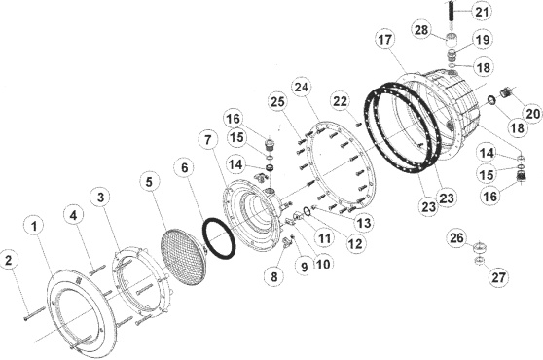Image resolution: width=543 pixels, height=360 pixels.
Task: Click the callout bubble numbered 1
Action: [35, 227]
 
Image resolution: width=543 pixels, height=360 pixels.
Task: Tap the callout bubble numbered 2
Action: [10, 260]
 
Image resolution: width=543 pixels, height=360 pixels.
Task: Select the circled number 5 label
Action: [149, 182]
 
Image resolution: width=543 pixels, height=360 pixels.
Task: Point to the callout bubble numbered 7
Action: [208, 140]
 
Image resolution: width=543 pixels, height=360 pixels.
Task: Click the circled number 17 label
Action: [385, 40]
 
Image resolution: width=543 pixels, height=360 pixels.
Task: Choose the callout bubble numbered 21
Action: [483, 12]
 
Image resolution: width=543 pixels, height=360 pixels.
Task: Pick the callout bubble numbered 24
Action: [302, 87]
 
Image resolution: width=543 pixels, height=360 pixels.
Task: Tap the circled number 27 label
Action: [498, 277]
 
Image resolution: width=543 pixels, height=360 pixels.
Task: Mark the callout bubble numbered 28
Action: [421, 30]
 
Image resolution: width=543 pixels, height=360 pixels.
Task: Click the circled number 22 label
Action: [340, 101]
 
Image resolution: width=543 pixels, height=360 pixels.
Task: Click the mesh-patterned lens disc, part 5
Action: [184, 257]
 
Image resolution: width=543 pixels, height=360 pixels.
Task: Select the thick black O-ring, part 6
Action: [219, 237]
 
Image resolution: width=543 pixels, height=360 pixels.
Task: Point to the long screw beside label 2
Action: [35, 313]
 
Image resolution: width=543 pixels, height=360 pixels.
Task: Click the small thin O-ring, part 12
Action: [307, 211]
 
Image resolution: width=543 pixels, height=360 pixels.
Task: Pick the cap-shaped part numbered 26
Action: [479, 247]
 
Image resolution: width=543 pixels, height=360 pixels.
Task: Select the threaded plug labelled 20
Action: [506, 93]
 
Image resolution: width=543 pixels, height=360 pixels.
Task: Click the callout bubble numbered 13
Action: [364, 223]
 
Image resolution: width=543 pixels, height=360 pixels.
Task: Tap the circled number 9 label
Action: [304, 267]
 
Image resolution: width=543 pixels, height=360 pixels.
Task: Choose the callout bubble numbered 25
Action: [277, 102]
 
